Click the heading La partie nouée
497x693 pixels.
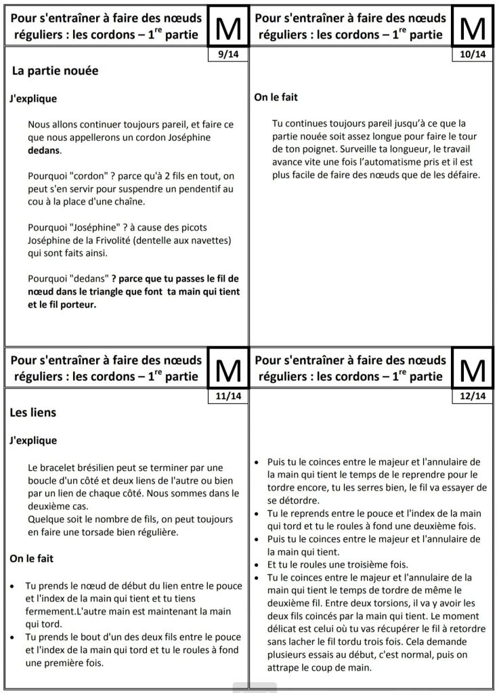pyautogui.click(x=56, y=70)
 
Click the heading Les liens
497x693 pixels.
pyautogui.click(x=33, y=412)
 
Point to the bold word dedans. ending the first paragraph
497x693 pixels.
pyautogui.click(x=45, y=150)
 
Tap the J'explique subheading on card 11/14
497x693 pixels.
pyautogui.click(x=33, y=440)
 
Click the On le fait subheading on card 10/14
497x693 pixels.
pyautogui.click(x=276, y=98)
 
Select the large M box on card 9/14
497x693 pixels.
pyautogui.click(x=228, y=26)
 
